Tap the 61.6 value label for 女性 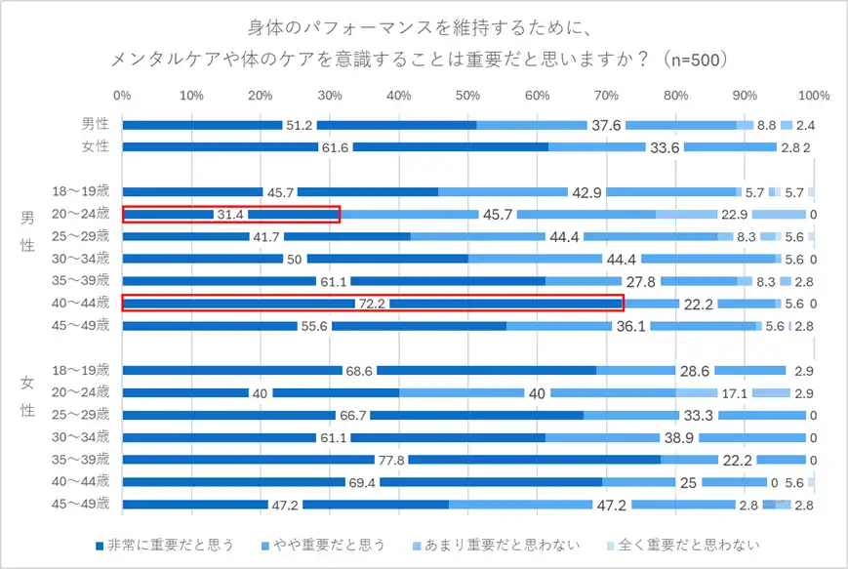335,147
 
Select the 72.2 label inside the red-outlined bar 372,304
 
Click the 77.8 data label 391,460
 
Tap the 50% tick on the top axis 467,96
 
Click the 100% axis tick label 813,96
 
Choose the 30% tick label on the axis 330,96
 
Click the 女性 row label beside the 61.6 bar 95,147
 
